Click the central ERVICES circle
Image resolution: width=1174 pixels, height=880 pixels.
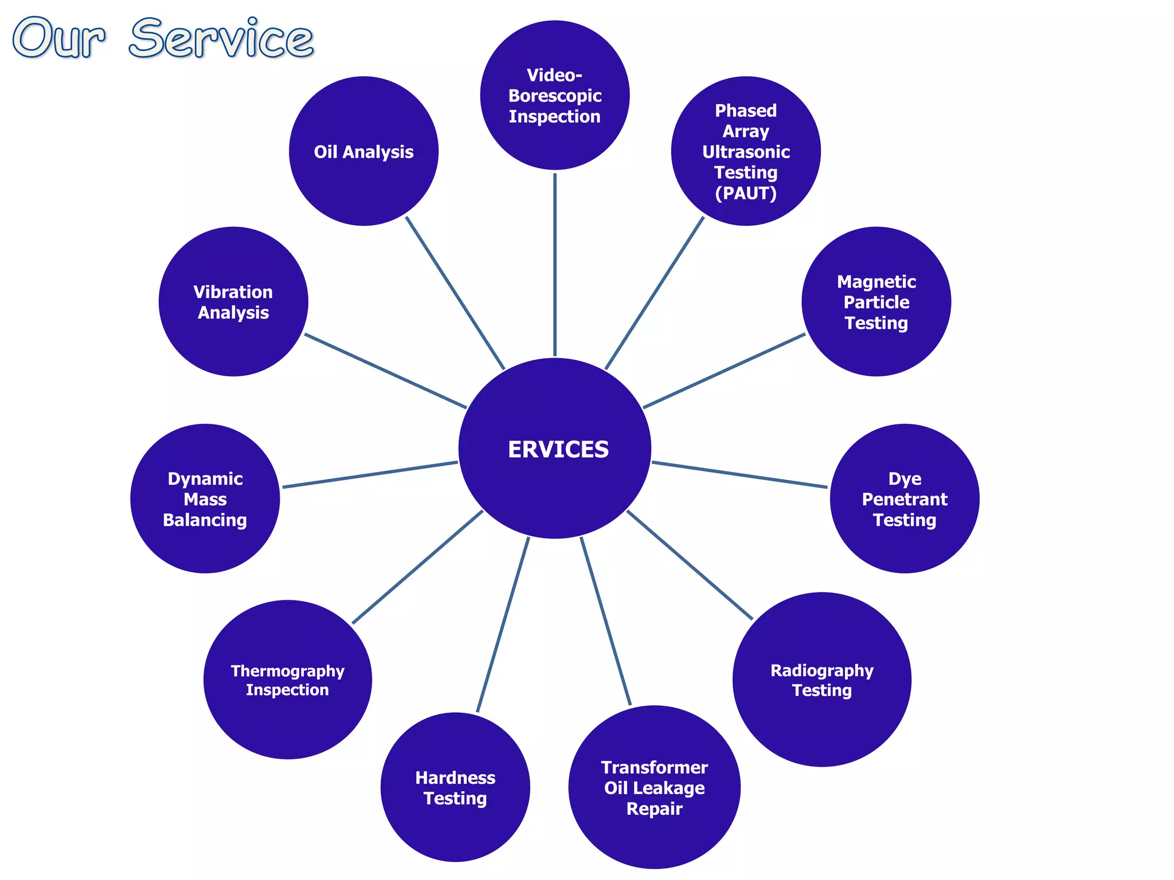coord(555,449)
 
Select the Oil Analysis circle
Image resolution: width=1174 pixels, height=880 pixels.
coord(363,151)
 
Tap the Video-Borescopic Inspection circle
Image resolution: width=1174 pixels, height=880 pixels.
coord(555,95)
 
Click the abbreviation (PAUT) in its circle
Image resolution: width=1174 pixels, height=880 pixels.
coord(745,194)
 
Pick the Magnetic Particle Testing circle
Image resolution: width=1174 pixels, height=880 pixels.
coord(876,302)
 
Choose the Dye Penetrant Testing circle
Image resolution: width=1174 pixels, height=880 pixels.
coord(905,498)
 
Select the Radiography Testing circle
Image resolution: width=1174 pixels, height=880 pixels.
coord(821,679)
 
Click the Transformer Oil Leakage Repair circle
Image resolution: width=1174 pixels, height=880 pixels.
coord(654,787)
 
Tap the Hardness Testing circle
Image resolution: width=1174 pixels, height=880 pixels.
coord(455,787)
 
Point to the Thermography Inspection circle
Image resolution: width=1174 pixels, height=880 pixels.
coord(287,679)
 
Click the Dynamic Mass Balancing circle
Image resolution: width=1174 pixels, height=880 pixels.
coord(205,498)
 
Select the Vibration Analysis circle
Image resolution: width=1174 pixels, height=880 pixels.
coord(233,302)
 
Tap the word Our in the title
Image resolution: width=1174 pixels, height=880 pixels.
coord(58,39)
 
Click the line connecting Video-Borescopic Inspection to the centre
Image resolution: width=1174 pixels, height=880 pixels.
coord(555,264)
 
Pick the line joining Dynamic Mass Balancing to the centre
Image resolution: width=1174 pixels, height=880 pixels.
coord(370,474)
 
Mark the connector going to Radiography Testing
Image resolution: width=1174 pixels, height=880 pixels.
coord(690,565)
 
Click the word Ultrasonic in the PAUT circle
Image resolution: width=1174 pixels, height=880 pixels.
coord(745,152)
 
